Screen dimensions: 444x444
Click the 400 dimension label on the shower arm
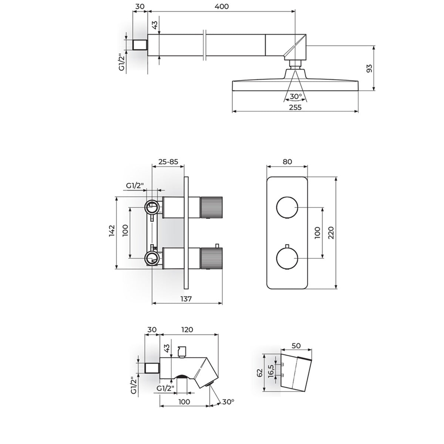pyautogui.click(x=221, y=6)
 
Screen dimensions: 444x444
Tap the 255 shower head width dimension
pyautogui.click(x=295, y=107)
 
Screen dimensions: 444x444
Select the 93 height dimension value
pyautogui.click(x=369, y=68)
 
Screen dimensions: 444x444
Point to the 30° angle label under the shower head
pyautogui.click(x=296, y=96)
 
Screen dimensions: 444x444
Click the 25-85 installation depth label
pyautogui.click(x=168, y=162)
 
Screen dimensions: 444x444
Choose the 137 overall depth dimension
pyautogui.click(x=186, y=299)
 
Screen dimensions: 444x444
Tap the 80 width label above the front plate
pyautogui.click(x=287, y=162)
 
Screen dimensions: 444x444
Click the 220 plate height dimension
pyautogui.click(x=331, y=233)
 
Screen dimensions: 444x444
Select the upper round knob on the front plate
pyautogui.click(x=287, y=207)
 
